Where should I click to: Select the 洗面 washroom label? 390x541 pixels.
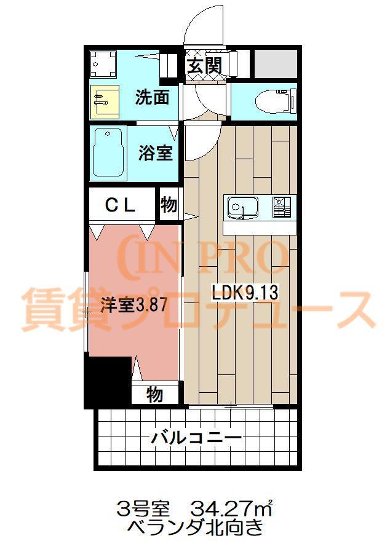152,98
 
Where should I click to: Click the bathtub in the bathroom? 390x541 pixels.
108,153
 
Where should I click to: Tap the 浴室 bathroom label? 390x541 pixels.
154,153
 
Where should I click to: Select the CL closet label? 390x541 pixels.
120,206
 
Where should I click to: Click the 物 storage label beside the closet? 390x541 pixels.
169,205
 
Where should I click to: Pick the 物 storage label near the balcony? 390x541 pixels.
154,394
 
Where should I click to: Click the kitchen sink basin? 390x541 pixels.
242,207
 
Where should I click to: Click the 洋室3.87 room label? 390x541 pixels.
133,306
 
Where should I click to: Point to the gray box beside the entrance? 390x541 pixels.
275,62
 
